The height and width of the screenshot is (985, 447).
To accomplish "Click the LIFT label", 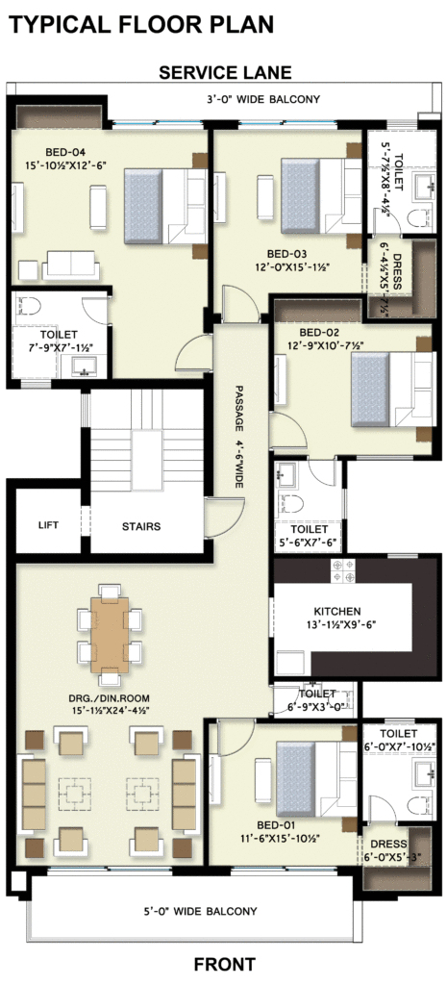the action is click(48, 524).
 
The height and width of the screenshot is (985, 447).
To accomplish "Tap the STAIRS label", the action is click(141, 526).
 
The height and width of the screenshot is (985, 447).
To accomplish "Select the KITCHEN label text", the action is click(337, 611).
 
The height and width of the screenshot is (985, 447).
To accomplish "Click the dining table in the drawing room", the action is click(110, 635).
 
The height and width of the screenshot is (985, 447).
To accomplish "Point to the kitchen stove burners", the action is click(343, 570).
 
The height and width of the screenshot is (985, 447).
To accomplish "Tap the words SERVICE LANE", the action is click(225, 73).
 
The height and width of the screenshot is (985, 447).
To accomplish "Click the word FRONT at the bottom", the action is click(225, 964).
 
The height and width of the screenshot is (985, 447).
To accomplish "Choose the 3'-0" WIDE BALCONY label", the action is click(263, 99).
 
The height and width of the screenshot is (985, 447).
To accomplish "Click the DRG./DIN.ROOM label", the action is click(110, 698).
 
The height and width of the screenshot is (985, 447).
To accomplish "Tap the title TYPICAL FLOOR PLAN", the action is click(141, 24).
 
